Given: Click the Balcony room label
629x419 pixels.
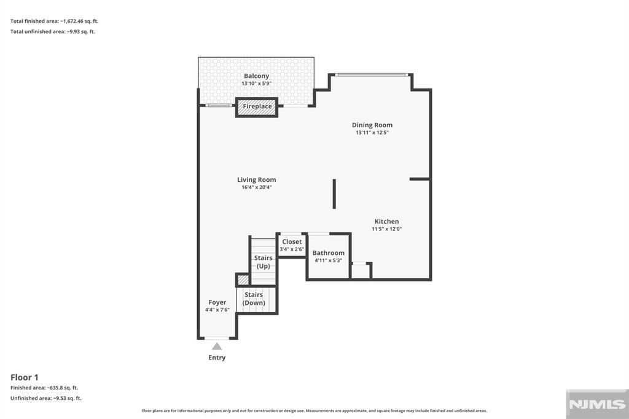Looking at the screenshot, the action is click(x=256, y=76).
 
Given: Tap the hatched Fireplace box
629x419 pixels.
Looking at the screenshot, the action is click(x=257, y=107).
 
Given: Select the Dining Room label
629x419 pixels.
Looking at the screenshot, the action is click(x=372, y=125).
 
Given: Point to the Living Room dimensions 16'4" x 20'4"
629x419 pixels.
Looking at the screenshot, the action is click(x=256, y=187).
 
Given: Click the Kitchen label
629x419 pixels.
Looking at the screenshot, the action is click(x=387, y=221).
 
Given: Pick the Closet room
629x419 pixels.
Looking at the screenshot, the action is click(x=292, y=245).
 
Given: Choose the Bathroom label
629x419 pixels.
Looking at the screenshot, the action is click(x=329, y=253).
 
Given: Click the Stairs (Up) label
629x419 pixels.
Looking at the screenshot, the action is click(x=263, y=262).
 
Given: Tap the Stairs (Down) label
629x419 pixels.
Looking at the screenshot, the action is click(x=254, y=299).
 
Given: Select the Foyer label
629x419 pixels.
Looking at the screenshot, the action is click(x=217, y=302).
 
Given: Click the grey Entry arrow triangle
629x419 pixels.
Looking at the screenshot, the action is click(x=217, y=346).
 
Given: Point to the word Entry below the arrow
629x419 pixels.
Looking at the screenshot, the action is click(x=217, y=358).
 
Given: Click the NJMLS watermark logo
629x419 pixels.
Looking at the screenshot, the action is click(x=597, y=404).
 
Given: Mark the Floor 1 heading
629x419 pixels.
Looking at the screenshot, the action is click(x=25, y=377).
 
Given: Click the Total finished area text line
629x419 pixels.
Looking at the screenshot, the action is click(x=54, y=21).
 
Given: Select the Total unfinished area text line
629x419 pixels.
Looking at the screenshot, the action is click(x=53, y=31).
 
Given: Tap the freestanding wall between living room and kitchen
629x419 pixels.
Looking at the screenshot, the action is click(x=334, y=194).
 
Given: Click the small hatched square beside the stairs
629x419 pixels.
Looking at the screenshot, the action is click(x=242, y=280).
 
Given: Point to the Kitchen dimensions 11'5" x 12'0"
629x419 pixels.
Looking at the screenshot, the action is click(x=387, y=229).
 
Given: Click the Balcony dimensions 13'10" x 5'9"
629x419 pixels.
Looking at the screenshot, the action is click(x=256, y=84).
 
